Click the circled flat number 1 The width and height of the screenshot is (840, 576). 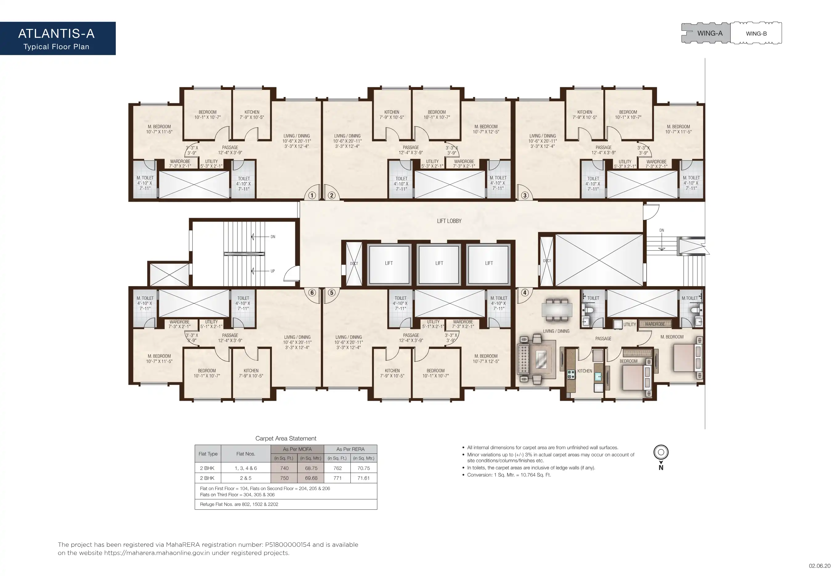312,196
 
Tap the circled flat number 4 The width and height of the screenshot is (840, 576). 525,293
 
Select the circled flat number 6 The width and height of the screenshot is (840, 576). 312,293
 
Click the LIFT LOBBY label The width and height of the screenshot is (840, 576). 449,221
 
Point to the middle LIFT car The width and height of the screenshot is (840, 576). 439,263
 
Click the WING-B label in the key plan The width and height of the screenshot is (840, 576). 756,34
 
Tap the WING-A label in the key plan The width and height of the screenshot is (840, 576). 710,33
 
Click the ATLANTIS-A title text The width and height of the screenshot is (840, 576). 56,34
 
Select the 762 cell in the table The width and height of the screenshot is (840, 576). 337,468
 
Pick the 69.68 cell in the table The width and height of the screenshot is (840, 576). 311,478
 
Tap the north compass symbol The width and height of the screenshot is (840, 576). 661,457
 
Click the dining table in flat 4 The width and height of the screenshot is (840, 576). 557,310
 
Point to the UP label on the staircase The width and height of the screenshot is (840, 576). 273,271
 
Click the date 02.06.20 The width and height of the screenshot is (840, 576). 819,566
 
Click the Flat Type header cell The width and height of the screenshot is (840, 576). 208,454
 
